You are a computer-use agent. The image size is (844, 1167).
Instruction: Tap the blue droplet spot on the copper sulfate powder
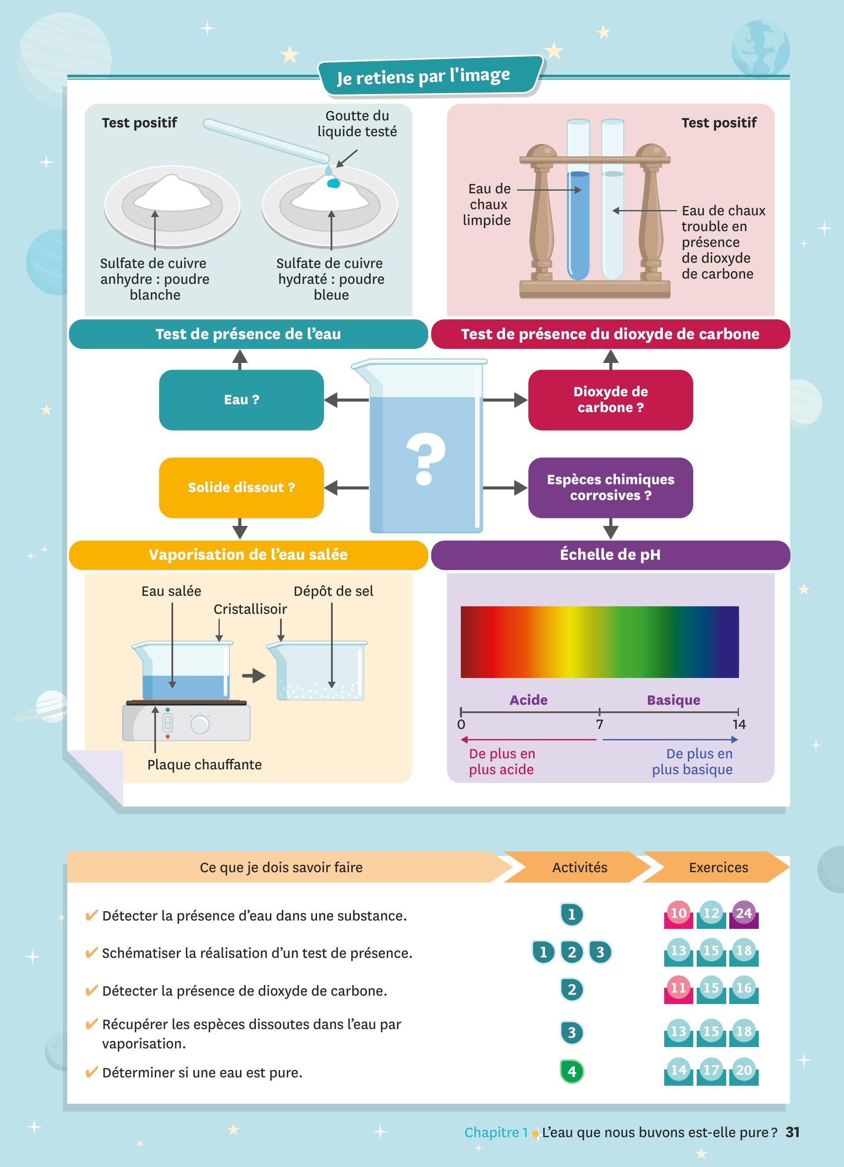pos(334,183)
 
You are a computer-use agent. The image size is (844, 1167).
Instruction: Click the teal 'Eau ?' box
pos(241,400)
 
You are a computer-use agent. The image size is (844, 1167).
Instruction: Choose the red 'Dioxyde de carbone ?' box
pos(610,400)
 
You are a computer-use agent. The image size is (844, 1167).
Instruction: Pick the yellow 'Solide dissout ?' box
pos(241,487)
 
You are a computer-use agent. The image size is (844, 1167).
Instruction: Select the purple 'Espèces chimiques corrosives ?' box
pos(610,487)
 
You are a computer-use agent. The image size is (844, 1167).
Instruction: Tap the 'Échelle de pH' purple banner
pos(610,555)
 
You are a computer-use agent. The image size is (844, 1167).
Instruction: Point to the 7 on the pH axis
pos(600,725)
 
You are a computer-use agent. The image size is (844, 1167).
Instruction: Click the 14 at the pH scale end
pos(739,725)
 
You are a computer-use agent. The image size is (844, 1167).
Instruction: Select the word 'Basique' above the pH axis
pos(673,700)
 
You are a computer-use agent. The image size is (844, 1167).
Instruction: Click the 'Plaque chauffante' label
pos(204,765)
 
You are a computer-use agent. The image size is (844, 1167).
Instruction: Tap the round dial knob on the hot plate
pos(200,724)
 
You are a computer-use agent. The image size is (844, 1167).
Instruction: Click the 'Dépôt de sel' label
pos(334,591)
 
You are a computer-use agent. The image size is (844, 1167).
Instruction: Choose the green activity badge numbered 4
pos(572,1071)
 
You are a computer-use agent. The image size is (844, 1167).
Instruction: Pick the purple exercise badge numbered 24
pos(744,913)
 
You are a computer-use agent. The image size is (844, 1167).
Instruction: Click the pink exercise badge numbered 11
pos(678,988)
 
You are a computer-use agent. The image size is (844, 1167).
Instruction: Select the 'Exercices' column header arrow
pos(718,867)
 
